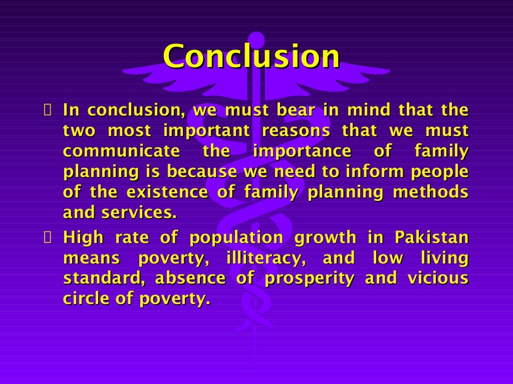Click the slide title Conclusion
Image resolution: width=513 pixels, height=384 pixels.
click(251, 56)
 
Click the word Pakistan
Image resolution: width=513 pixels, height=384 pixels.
click(431, 237)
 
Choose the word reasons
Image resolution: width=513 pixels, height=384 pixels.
click(296, 131)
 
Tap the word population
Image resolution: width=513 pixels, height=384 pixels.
click(236, 238)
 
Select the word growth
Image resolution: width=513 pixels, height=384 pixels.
click(325, 238)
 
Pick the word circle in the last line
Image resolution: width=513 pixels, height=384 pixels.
click(81, 298)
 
